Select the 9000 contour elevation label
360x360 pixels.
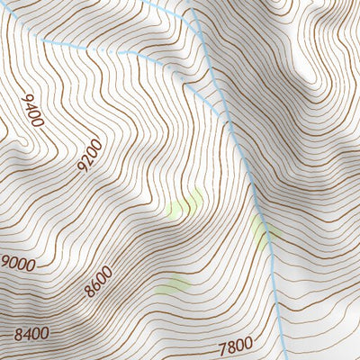tap(18, 264)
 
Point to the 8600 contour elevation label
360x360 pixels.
tap(98, 282)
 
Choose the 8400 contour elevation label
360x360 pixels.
tap(31, 334)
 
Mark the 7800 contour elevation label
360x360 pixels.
tap(236, 346)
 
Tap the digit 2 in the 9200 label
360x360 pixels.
tap(88, 159)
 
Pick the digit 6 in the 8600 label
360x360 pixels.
tap(94, 285)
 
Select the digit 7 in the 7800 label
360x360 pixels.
tap(222, 346)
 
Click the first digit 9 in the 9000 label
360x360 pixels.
tap(5, 265)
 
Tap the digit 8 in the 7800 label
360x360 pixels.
tap(231, 346)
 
